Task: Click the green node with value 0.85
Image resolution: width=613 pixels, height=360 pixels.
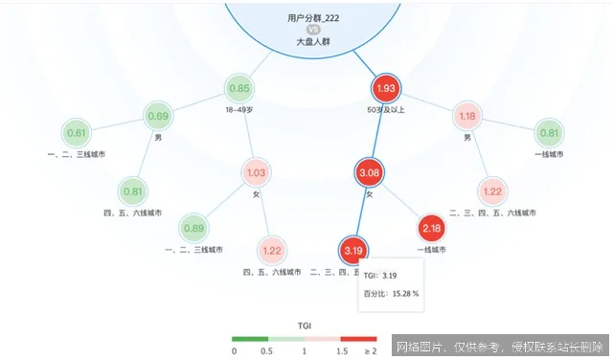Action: [240, 89]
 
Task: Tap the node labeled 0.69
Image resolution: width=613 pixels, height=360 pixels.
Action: [159, 117]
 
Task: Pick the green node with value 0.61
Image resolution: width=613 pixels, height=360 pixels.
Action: [77, 133]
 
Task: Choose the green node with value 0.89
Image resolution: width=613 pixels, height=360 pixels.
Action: [193, 228]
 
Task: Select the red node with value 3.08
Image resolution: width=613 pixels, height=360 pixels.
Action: [369, 172]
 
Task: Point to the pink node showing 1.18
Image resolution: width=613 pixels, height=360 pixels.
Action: [467, 117]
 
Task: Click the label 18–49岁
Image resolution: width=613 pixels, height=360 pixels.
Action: [240, 111]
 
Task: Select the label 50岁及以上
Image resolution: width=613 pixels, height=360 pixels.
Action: [384, 111]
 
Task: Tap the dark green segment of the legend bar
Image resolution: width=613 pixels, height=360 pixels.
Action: [250, 339]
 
